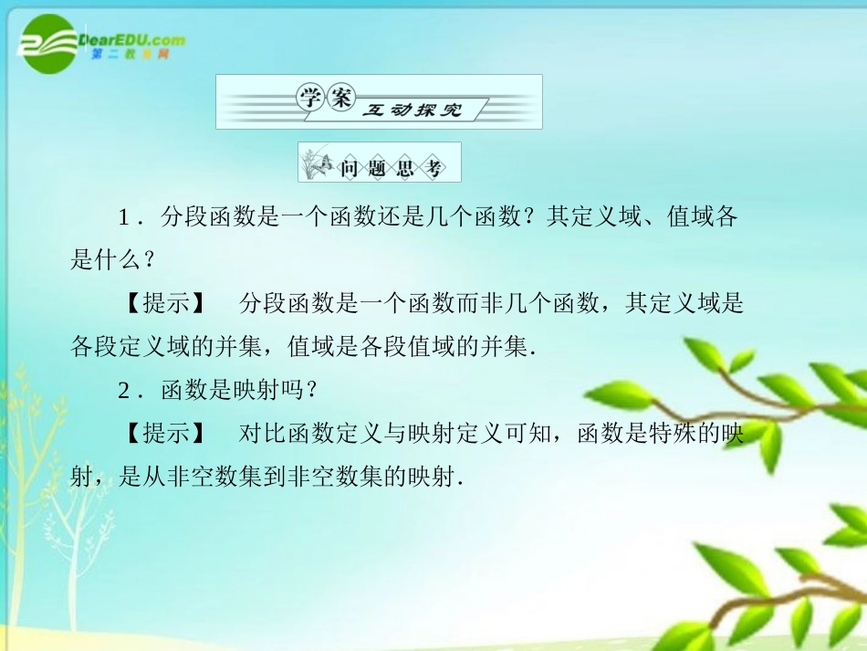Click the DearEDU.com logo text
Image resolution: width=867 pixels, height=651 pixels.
coord(132,39)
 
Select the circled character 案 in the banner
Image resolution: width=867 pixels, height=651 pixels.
coord(341,100)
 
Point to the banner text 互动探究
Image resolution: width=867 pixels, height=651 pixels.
coord(412,110)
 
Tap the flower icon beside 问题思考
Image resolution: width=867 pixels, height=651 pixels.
coord(319,164)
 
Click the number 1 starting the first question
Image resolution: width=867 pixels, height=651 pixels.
coord(124,217)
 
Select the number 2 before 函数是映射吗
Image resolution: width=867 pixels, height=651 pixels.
coord(124,390)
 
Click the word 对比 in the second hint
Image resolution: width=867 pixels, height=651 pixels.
coord(259,434)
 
